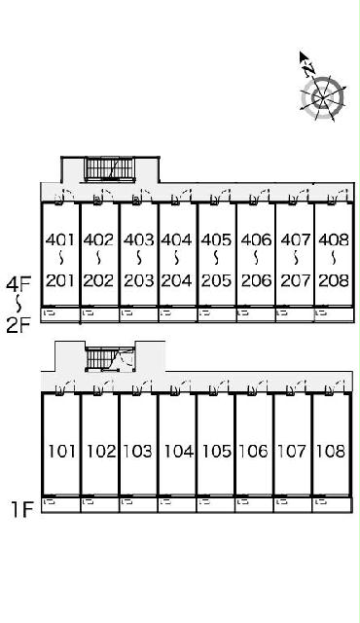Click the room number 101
[x=61, y=452]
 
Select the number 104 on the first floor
[x=179, y=452]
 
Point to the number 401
[x=60, y=239]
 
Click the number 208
[x=334, y=280]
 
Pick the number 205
[x=216, y=280]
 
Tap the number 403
[x=138, y=239]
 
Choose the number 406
[x=257, y=239]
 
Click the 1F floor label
[x=21, y=509]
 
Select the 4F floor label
[x=18, y=284]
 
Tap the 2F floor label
[x=18, y=326]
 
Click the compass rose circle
[x=322, y=97]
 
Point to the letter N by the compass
[x=308, y=70]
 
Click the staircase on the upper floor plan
[x=110, y=169]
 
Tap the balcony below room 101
[x=61, y=504]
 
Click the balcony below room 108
[x=332, y=504]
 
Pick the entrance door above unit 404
[x=181, y=198]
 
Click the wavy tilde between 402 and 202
[x=98, y=259]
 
